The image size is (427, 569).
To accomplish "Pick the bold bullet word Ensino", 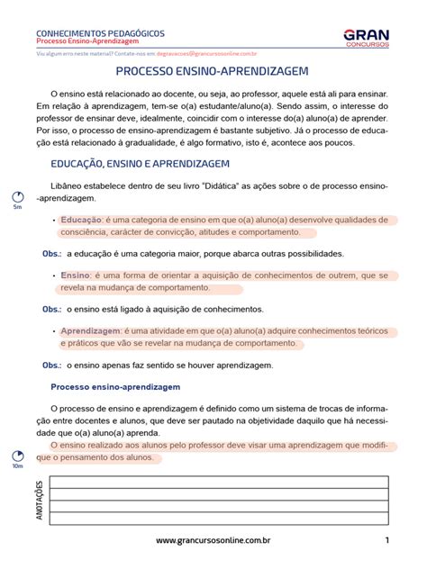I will click(x=76, y=275).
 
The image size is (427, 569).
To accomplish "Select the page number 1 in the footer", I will click(x=386, y=541).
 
